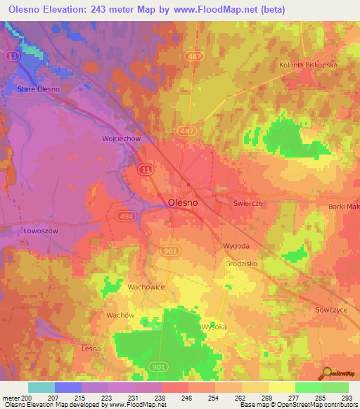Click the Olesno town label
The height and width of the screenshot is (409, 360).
[x=183, y=202]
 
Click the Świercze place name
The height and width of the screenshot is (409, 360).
[x=247, y=202]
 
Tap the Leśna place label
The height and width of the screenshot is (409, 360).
[x=90, y=349]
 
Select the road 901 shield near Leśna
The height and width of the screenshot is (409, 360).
[x=159, y=366]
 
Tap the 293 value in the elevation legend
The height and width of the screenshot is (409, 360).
[x=347, y=396]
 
